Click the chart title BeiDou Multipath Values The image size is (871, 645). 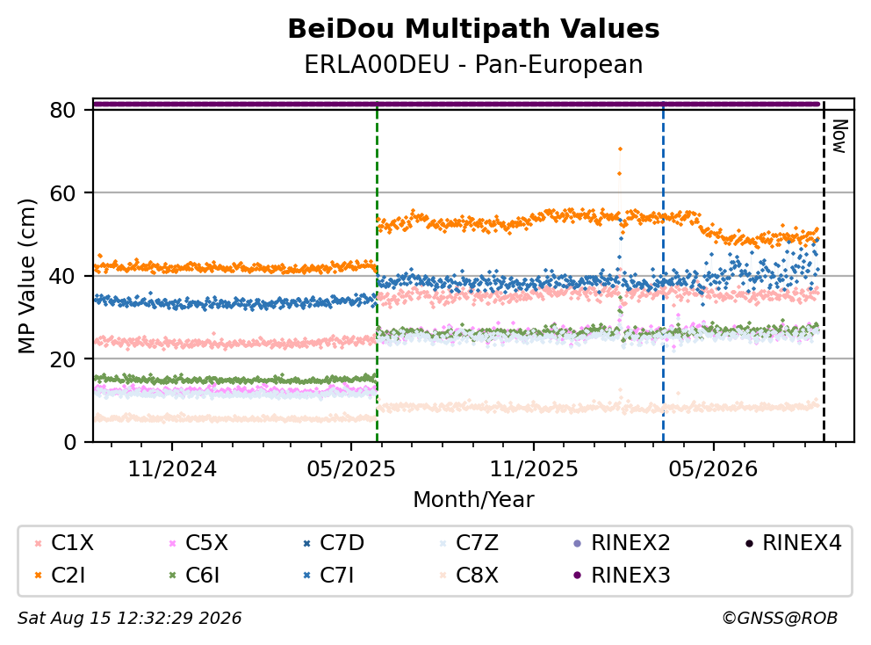[x=473, y=29]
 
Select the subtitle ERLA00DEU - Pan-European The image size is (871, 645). [x=473, y=64]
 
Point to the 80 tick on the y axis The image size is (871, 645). [x=62, y=110]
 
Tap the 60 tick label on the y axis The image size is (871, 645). [x=62, y=193]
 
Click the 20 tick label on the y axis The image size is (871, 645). [x=62, y=359]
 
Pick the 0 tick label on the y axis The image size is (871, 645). [x=70, y=442]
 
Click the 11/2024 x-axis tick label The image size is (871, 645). [x=172, y=469]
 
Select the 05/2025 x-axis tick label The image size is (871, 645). [x=351, y=469]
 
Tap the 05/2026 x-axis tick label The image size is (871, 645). [x=713, y=469]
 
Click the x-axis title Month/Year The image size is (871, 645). [x=473, y=499]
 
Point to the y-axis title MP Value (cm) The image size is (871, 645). [x=26, y=276]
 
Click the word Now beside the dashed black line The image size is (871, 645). [x=839, y=136]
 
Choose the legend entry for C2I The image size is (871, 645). [x=61, y=575]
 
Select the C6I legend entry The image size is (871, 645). [x=194, y=575]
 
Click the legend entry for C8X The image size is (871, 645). [x=469, y=575]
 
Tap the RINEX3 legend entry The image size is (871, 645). [x=622, y=575]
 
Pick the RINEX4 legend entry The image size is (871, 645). [x=793, y=543]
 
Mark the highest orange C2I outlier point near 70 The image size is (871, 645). [x=620, y=149]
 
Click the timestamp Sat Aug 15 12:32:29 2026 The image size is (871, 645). [x=129, y=618]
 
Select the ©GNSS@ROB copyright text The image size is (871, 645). [x=780, y=618]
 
